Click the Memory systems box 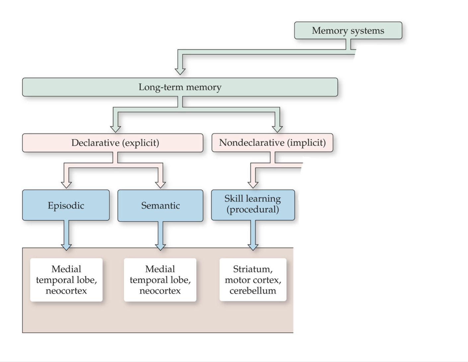pos(348,31)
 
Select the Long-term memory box pos(180,87)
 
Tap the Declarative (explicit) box pos(113,143)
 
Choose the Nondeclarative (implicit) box pos(272,143)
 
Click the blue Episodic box pos(66,205)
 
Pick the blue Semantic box pos(160,206)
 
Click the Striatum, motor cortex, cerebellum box pos(253,280)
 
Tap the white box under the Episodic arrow pos(66,280)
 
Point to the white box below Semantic pos(160,280)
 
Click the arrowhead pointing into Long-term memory pos(180,71)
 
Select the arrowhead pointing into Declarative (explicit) pos(116,129)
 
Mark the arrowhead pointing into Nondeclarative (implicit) pos(277,129)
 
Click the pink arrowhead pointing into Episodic pos(66,184)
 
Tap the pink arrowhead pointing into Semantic pos(160,184)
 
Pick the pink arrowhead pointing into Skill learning pos(253,184)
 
